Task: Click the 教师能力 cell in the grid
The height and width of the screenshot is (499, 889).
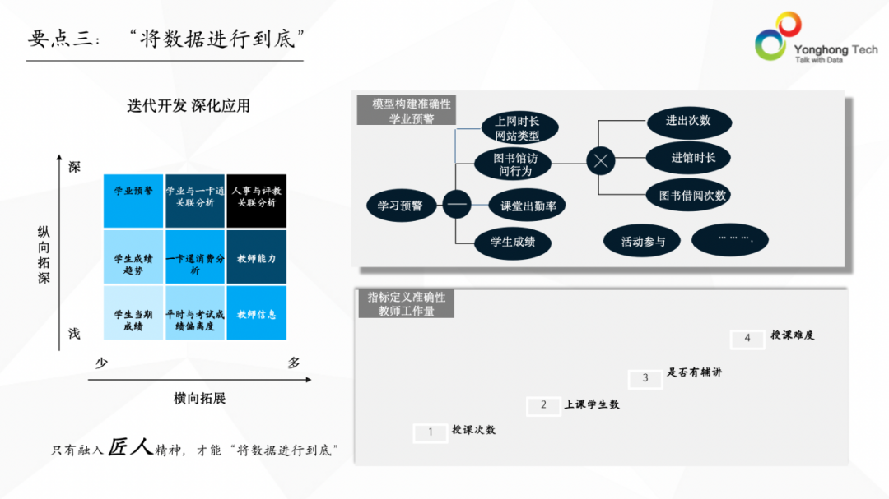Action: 256,257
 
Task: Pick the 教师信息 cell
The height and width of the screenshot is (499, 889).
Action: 256,313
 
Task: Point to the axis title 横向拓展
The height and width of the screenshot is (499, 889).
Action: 199,398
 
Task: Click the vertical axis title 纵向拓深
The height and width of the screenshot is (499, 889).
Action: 44,256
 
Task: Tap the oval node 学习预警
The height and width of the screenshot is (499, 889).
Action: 400,206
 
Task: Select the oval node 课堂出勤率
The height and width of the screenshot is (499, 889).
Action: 528,206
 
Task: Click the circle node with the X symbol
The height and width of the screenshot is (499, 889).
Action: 601,161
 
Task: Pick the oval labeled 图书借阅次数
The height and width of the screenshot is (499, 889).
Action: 692,196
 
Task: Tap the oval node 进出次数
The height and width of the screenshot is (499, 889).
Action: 688,121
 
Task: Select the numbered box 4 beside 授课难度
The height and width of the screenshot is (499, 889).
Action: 747,338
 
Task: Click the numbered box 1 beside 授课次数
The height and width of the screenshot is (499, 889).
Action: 430,432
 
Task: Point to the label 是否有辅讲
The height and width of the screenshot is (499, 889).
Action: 694,372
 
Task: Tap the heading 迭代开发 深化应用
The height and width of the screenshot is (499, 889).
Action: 189,106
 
